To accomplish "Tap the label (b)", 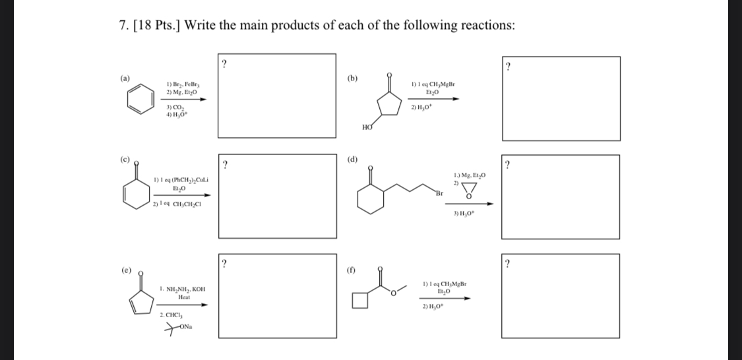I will coord(353,78).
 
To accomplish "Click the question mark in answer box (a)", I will coord(225,64).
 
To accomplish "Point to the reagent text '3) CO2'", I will coord(175,107).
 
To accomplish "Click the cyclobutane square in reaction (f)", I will coord(360,300).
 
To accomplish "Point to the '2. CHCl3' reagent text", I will coord(171,315).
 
